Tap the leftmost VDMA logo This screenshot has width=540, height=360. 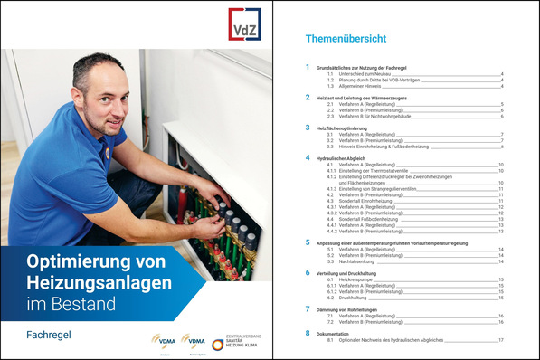pos(164,342)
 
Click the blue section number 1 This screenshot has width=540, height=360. pos(308,68)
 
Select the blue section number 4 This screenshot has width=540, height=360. pos(308,158)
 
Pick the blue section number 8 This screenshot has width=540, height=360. pos(308,334)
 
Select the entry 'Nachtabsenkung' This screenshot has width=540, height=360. pos(352,261)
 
